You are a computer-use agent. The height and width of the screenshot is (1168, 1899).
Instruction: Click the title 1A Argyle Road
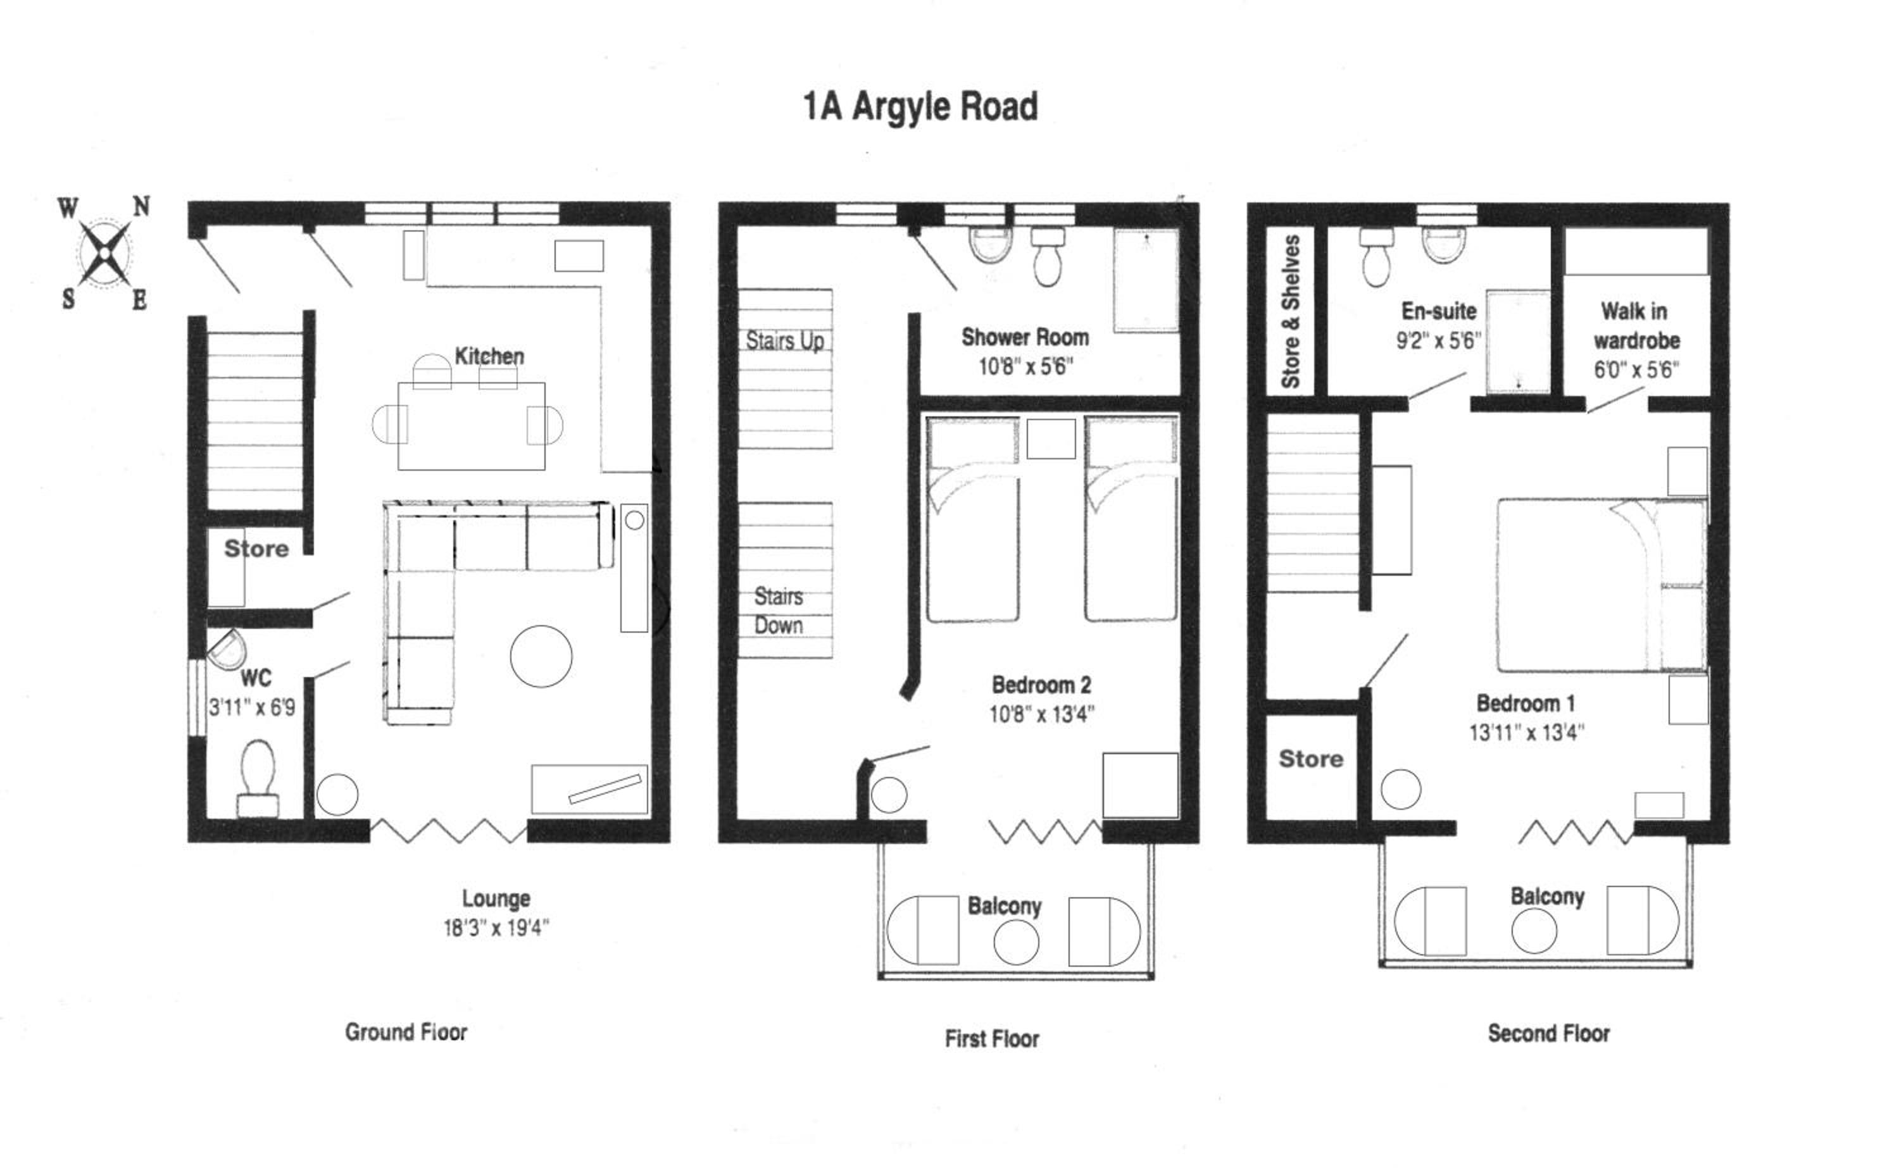(x=920, y=106)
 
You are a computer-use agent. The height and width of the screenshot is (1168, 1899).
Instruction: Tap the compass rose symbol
(x=104, y=252)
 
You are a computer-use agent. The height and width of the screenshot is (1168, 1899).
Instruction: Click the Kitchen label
(x=489, y=356)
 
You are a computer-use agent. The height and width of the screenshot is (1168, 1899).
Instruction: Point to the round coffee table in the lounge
(x=541, y=656)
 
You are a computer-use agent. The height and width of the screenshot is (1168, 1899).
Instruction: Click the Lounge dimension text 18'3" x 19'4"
(x=496, y=928)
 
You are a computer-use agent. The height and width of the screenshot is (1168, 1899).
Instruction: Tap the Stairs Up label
(x=784, y=340)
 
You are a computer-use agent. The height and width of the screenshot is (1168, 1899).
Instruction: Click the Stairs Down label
(x=778, y=611)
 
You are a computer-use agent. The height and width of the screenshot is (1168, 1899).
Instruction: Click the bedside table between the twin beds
(x=1051, y=438)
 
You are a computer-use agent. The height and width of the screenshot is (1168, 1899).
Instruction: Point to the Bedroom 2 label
(x=1041, y=685)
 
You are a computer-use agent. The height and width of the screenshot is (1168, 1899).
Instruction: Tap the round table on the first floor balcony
(x=1016, y=942)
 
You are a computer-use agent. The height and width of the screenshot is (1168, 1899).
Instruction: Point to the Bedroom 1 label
(x=1525, y=703)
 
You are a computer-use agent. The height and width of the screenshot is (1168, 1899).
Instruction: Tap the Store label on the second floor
(x=1311, y=759)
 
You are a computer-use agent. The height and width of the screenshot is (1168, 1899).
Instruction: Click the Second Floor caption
(x=1548, y=1034)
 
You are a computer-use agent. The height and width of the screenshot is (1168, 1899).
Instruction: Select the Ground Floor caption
(x=406, y=1032)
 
